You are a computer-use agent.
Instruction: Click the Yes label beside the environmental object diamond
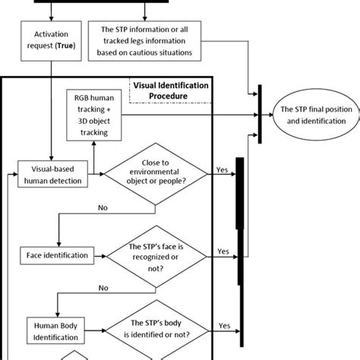coord(223,171)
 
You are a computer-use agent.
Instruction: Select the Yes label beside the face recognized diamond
coord(223,250)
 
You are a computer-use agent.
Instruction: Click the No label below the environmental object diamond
coord(103,205)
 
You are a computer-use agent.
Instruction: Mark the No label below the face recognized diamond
coord(103,288)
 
